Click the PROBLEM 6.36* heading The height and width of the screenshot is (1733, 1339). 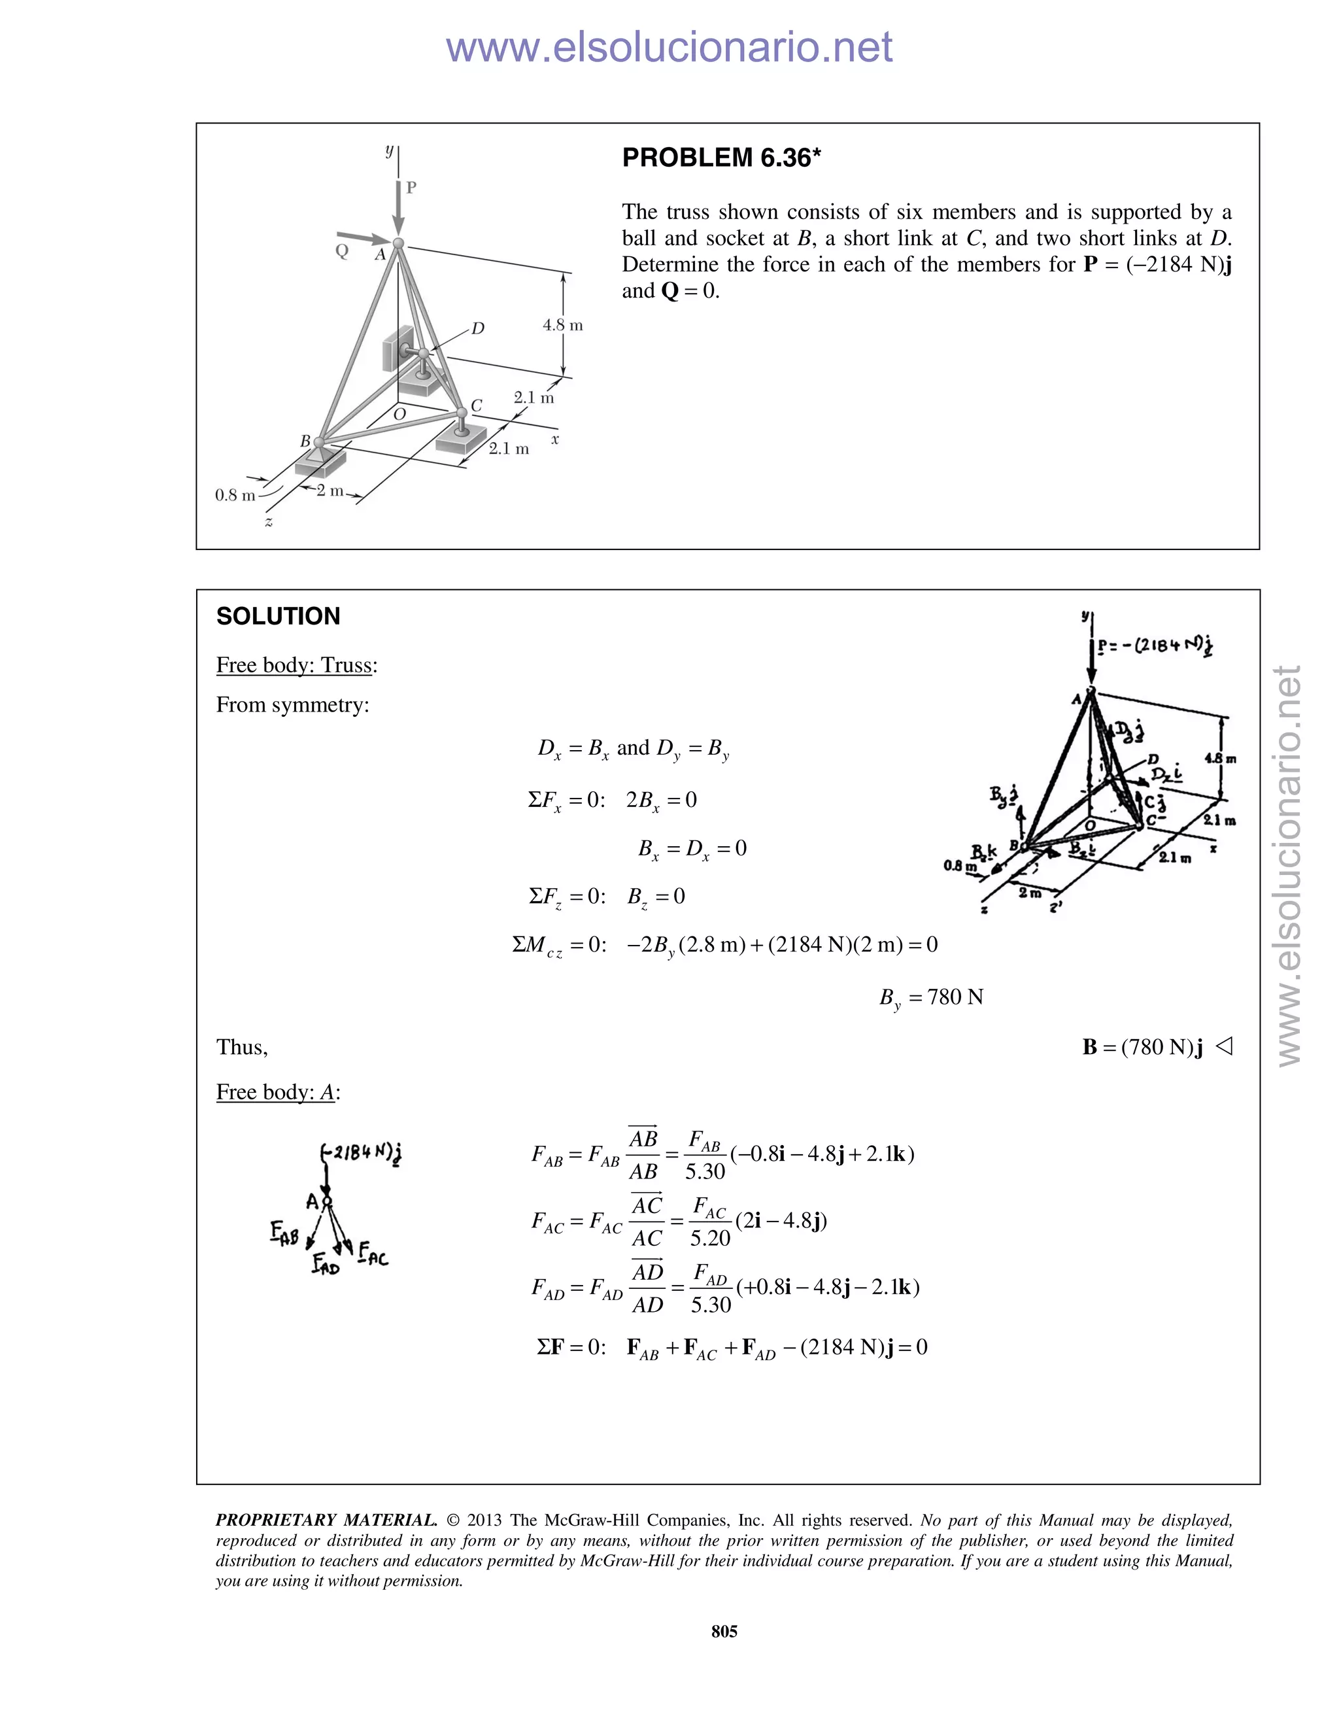(x=720, y=158)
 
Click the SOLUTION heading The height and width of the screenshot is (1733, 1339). (x=278, y=617)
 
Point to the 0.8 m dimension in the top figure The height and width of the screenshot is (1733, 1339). (x=235, y=495)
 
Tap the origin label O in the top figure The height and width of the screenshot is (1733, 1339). (x=399, y=414)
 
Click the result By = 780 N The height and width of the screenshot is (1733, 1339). (x=930, y=997)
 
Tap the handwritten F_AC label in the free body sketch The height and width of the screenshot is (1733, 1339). (x=373, y=1254)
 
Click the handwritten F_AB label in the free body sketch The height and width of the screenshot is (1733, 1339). (x=284, y=1232)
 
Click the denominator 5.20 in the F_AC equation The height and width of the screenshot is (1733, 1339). (x=710, y=1238)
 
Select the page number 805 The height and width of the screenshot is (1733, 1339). (x=724, y=1632)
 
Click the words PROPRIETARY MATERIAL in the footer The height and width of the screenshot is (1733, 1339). (x=326, y=1520)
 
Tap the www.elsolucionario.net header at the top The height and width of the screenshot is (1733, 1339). (x=669, y=47)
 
